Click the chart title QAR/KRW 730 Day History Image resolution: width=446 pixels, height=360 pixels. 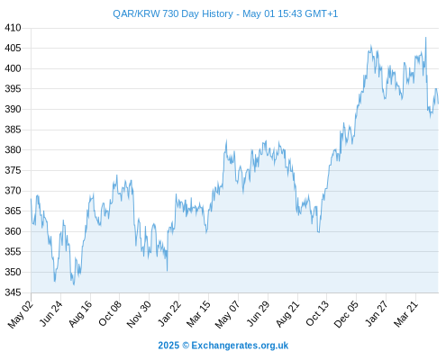point(173,13)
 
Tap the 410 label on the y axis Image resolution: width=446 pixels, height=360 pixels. point(13,28)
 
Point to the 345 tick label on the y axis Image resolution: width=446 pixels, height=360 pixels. point(13,292)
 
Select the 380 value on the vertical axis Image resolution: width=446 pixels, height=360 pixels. point(13,149)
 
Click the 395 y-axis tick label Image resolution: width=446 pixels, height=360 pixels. point(13,89)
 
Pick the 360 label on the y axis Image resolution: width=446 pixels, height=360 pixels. point(13,231)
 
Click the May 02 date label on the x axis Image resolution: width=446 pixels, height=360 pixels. point(20,314)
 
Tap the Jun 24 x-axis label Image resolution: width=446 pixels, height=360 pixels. point(51,313)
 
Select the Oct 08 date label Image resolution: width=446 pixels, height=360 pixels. point(110,313)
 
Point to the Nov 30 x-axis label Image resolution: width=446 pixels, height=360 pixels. point(139,314)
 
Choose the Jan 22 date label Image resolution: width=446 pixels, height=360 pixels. point(169,313)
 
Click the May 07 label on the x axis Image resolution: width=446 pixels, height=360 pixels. point(227,314)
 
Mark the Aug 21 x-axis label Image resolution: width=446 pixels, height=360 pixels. point(287,314)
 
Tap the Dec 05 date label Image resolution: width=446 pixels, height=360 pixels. point(346,314)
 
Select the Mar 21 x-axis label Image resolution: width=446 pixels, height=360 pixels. point(405,314)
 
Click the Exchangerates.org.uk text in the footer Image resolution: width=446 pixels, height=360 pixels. point(240,346)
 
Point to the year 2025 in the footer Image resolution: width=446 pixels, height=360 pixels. point(168,346)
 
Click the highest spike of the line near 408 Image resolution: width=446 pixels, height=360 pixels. point(425,38)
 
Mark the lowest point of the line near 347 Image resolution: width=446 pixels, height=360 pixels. point(74,284)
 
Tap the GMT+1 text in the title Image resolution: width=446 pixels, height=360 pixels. point(321,13)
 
